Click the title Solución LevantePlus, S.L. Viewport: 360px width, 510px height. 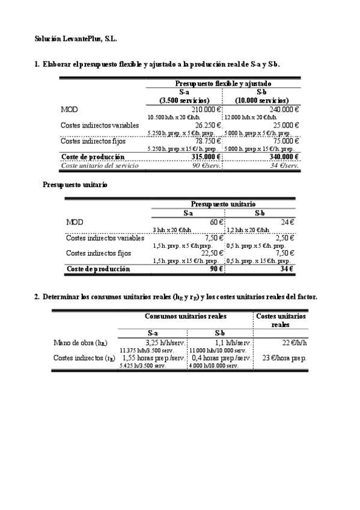(75, 38)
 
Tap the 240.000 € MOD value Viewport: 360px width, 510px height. (282, 109)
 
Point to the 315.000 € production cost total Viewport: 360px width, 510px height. (205, 157)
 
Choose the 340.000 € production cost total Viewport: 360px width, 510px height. (281, 157)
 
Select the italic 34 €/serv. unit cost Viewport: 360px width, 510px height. (285, 165)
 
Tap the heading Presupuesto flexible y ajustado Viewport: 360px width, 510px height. (223, 84)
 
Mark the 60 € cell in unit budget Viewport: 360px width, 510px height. (216, 222)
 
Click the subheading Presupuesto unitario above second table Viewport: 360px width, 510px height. (75, 185)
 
